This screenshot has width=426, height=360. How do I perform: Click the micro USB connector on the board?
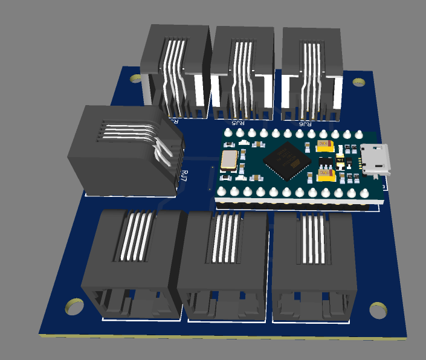click(x=374, y=159)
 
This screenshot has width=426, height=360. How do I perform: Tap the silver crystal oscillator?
click(x=229, y=160)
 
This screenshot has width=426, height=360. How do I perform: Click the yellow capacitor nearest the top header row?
click(x=324, y=144)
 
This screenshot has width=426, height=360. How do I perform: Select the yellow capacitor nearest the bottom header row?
click(x=326, y=175)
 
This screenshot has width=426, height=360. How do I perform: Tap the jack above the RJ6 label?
click(x=311, y=69)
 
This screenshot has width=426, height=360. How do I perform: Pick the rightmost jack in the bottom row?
click(x=313, y=263)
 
